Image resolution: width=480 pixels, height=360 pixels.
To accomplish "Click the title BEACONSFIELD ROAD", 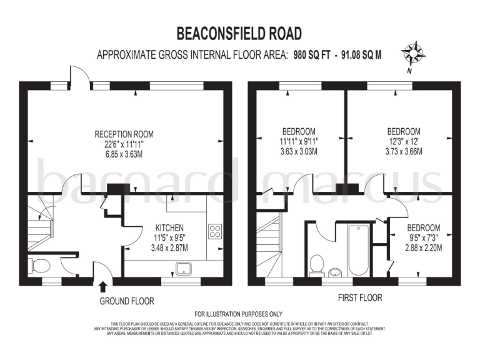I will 239,33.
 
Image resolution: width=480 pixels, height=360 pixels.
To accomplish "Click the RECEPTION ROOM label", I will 124,134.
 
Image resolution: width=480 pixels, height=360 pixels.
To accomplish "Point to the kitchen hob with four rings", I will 215,231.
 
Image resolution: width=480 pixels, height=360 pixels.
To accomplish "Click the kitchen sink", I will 184,269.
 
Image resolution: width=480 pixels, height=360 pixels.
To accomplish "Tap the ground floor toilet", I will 41,266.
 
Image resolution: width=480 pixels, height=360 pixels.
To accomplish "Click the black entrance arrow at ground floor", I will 102,287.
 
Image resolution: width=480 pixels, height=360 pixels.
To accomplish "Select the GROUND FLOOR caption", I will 127,301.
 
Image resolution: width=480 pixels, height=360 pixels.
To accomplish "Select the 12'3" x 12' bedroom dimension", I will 403,141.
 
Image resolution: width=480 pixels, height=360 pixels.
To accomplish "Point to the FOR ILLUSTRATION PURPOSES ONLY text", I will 239,314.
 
